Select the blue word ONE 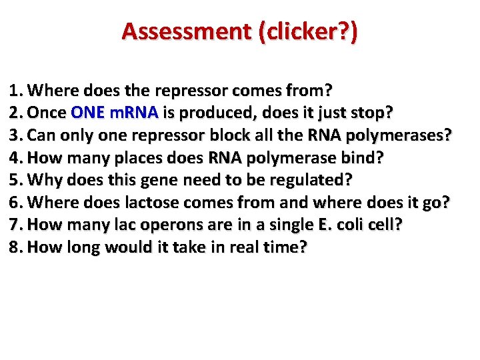pos(87,113)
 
